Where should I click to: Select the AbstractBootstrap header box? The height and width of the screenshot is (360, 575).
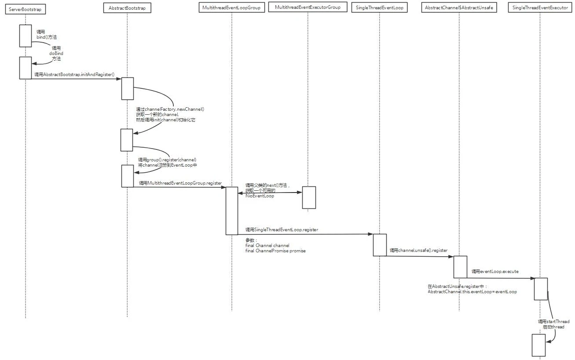(127, 8)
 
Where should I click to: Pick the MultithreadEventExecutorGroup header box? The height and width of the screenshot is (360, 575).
(308, 7)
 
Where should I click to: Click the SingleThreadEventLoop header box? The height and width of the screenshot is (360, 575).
(379, 8)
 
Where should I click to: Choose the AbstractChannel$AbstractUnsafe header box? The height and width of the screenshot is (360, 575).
(459, 8)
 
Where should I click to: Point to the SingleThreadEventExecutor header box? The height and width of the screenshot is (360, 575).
(540, 8)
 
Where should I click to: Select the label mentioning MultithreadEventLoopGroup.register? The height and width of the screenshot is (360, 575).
(180, 183)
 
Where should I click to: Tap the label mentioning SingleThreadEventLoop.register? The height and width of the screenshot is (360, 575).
(282, 229)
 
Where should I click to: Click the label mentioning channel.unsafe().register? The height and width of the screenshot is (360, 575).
(418, 251)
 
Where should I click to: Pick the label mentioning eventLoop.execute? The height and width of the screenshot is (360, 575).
(495, 272)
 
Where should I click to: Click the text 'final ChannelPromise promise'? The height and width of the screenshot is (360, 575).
(275, 251)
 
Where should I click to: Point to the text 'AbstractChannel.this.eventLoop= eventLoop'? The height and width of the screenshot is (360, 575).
(472, 291)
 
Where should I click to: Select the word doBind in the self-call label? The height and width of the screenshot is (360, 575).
(56, 53)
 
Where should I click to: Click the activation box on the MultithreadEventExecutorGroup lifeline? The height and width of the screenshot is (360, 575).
(308, 197)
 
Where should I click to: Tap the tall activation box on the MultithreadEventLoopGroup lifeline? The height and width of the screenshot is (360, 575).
(232, 211)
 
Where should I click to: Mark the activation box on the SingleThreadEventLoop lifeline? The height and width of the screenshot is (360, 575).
(380, 245)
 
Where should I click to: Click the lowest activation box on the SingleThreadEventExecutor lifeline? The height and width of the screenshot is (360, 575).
(538, 345)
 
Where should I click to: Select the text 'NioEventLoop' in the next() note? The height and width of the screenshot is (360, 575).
(260, 196)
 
